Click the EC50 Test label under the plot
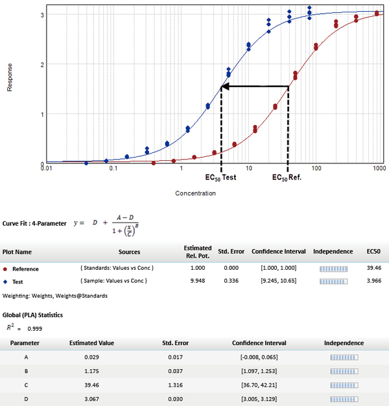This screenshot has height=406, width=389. point(221,178)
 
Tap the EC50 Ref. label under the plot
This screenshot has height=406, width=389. point(287,178)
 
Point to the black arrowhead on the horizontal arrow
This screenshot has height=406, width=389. point(226,86)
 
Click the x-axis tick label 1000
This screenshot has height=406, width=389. point(380,169)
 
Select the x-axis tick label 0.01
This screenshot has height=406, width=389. point(45,169)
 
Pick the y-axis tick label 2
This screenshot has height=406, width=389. point(42,65)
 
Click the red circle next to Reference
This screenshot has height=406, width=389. point(6,269)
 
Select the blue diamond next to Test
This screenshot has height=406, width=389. point(6,281)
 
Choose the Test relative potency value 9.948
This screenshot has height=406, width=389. point(198,281)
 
